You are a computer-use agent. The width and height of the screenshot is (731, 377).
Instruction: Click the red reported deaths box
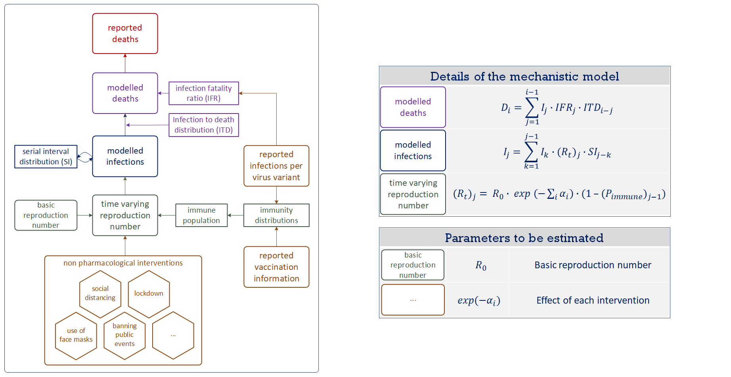click(125, 33)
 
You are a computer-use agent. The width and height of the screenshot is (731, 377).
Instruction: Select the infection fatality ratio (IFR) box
click(203, 93)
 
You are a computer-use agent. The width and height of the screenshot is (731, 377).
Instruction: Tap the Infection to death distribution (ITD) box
click(203, 125)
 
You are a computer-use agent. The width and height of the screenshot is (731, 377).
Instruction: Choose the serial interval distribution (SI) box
click(46, 156)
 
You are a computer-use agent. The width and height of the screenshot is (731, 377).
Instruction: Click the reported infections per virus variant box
click(276, 166)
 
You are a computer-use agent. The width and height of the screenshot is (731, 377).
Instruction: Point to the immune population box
click(201, 215)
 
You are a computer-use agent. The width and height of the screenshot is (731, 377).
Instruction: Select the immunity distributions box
click(276, 215)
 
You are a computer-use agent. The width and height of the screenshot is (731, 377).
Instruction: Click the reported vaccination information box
click(276, 267)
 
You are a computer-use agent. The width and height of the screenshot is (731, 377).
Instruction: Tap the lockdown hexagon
click(149, 294)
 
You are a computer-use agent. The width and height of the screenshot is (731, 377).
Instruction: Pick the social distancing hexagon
click(100, 294)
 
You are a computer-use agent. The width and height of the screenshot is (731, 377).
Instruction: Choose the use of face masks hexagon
click(76, 335)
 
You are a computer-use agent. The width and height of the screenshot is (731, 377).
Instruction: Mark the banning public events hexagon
click(124, 335)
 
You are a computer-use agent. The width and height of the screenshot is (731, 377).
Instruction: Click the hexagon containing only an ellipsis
click(173, 335)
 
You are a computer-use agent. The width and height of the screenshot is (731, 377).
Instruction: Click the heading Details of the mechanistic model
click(524, 76)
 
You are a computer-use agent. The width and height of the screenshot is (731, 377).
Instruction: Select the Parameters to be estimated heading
click(524, 238)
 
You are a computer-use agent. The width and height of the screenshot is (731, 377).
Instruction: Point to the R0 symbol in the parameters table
click(480, 265)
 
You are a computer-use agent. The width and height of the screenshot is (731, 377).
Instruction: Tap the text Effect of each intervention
click(593, 300)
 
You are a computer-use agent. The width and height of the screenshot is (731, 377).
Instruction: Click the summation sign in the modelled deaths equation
click(532, 108)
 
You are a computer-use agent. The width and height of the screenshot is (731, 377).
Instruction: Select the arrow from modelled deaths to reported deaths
click(125, 63)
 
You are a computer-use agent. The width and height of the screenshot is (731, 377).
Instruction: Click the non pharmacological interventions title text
click(123, 263)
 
